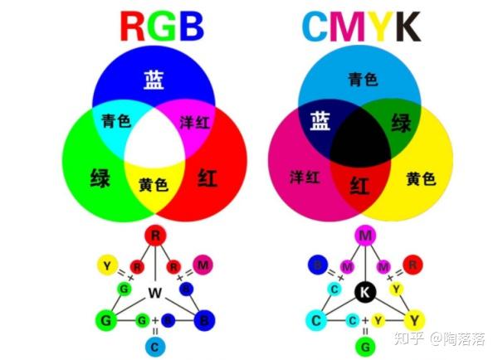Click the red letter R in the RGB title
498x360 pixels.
(135, 26)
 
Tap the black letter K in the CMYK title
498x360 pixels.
(405, 26)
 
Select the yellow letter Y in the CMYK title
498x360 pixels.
(375, 26)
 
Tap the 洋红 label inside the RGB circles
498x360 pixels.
(196, 121)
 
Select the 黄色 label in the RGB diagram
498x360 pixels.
(154, 184)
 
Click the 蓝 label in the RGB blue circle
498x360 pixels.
(154, 80)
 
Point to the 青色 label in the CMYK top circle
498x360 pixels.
(363, 80)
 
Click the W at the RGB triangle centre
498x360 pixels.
(154, 292)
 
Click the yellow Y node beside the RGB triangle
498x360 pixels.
(105, 265)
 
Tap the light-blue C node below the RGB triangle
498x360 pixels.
(154, 344)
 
